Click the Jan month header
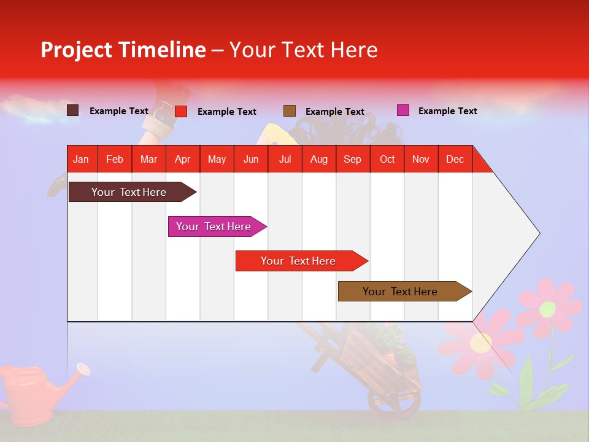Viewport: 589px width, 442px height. click(82, 159)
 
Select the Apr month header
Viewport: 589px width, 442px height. click(183, 159)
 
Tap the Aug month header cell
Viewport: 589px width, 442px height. click(319, 159)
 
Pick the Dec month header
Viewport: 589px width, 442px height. click(455, 159)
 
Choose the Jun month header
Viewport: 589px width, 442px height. click(251, 159)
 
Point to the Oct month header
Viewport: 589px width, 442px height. click(387, 159)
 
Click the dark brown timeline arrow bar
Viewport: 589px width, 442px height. click(129, 192)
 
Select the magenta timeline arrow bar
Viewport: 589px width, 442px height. click(214, 227)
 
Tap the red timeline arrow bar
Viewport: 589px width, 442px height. click(299, 261)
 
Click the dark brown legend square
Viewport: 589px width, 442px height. click(73, 110)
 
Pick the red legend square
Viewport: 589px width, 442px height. click(181, 111)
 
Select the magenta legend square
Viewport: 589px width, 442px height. click(403, 110)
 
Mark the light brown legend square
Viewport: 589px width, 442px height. click(290, 110)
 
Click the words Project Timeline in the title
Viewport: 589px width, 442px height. click(123, 50)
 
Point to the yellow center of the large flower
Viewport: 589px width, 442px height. click(480, 342)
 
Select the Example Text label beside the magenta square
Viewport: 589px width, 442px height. click(447, 111)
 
